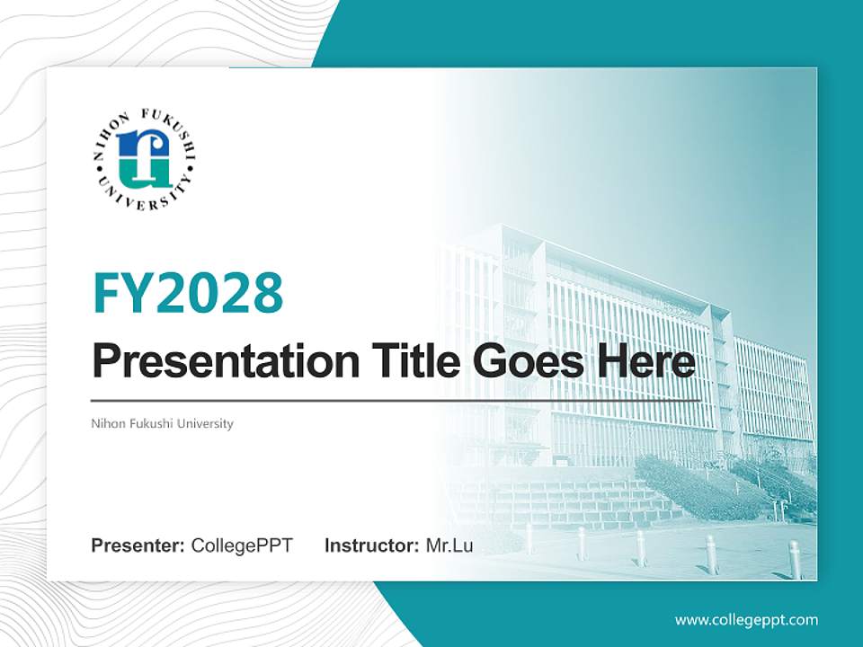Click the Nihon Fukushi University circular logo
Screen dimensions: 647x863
[x=144, y=156]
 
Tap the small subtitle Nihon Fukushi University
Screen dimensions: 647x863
[x=162, y=423]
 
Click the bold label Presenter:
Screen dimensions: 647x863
[x=138, y=545]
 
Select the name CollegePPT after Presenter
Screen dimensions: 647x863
[x=242, y=545]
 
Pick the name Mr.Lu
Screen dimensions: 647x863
[x=449, y=545]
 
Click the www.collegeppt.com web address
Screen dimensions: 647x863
[x=746, y=619]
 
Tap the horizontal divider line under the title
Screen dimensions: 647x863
[x=396, y=400]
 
